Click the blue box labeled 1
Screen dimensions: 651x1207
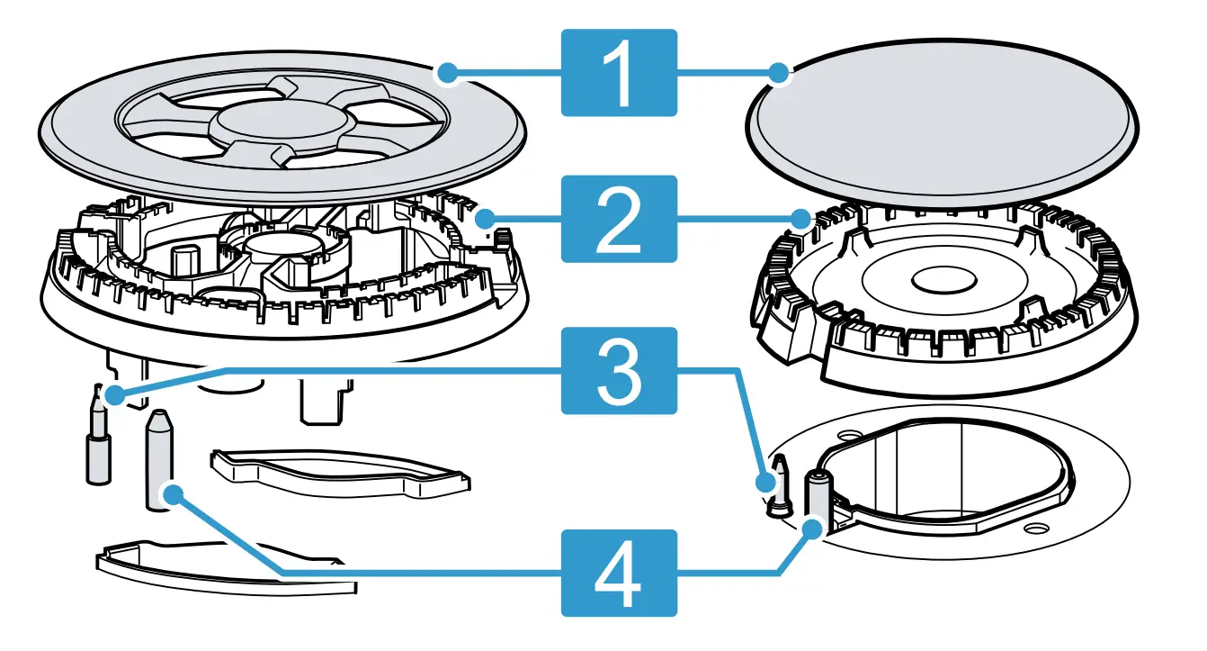[618, 73]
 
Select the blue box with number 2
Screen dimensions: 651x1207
[618, 219]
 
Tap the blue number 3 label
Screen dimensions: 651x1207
[618, 370]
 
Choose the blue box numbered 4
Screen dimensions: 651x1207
[618, 573]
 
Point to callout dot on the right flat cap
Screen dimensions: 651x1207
[780, 73]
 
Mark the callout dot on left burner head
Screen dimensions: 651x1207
[485, 217]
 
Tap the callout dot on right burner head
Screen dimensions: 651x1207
[800, 217]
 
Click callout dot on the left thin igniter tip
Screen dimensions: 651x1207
[112, 394]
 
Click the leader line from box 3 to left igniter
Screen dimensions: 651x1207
[360, 370]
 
